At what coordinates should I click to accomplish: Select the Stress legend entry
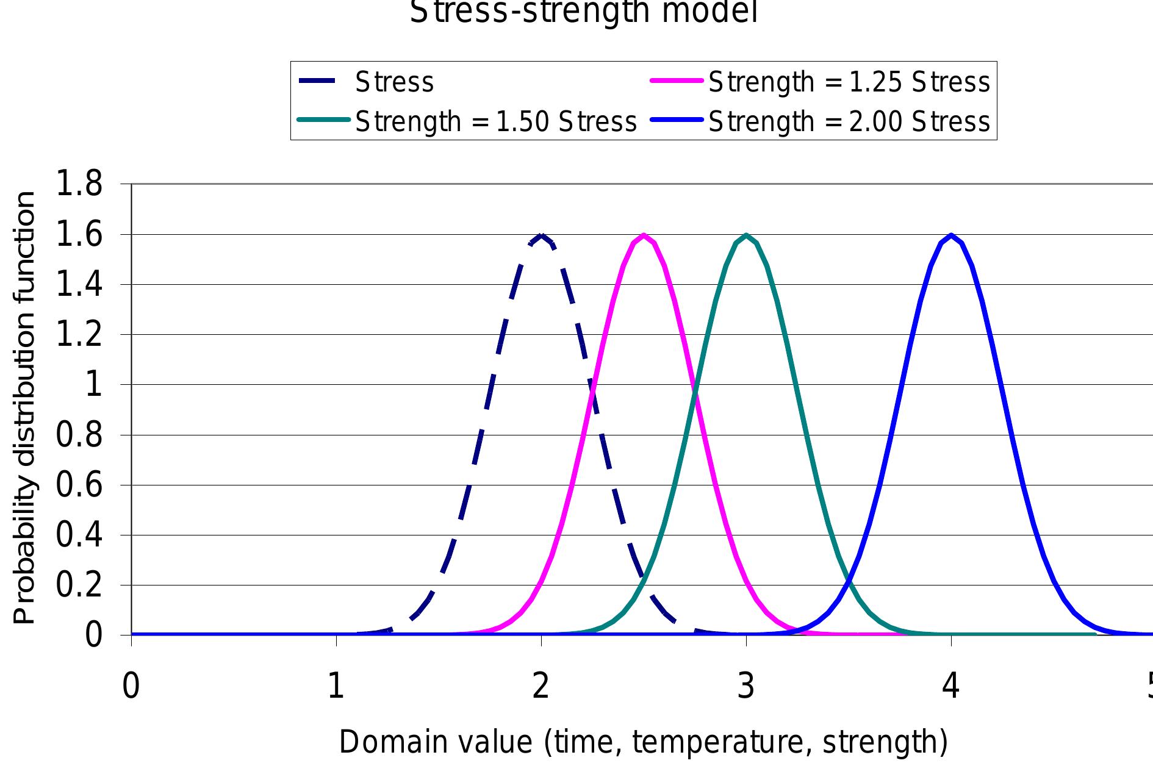(x=394, y=82)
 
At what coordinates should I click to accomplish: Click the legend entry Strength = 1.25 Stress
(x=849, y=82)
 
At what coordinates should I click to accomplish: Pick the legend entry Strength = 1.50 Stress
(x=495, y=121)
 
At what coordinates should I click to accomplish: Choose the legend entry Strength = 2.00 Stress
(x=849, y=121)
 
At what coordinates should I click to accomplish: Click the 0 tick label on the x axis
(x=131, y=686)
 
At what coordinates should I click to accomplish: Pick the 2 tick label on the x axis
(x=541, y=686)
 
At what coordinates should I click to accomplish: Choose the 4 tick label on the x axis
(x=951, y=686)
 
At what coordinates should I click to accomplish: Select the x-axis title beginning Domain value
(x=643, y=742)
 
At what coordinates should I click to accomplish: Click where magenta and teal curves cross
(x=695, y=390)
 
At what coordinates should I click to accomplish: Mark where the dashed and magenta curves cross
(x=592, y=390)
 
